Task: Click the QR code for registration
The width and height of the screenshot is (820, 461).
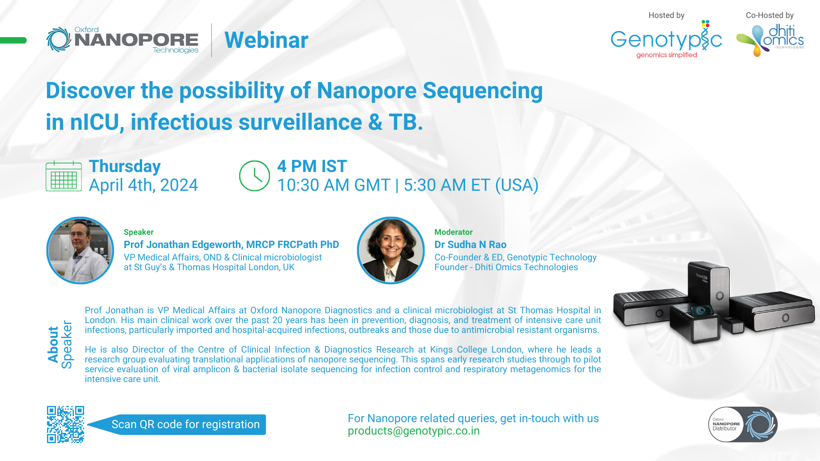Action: point(65,424)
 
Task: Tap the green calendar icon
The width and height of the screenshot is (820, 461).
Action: point(64,176)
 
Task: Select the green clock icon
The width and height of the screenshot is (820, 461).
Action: point(255,176)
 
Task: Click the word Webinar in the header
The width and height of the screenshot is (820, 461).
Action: point(266,40)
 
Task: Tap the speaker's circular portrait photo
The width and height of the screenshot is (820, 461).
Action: point(80,251)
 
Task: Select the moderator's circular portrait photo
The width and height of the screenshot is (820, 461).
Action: point(391,251)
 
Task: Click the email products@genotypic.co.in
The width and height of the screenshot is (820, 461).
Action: point(413,431)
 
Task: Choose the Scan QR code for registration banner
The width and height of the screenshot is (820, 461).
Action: point(176,425)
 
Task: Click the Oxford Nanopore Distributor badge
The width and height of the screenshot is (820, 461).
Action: point(743,424)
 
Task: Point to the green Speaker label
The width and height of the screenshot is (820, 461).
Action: point(138,232)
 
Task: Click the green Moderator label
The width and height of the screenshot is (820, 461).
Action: point(454,232)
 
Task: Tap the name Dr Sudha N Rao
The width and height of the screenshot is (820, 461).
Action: point(470,245)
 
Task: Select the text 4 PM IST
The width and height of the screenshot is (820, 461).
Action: point(312,166)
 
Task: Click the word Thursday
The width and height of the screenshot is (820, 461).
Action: point(125,166)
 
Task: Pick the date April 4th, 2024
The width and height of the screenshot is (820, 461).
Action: point(143,185)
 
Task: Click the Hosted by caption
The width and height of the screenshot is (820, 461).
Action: point(666,15)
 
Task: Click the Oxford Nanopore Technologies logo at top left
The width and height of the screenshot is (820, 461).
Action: point(123,40)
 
